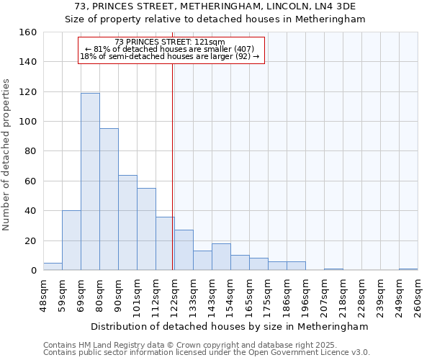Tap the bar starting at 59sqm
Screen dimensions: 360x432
(71, 240)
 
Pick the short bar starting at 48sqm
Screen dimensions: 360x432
(53, 266)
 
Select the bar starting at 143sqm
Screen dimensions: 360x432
(221, 257)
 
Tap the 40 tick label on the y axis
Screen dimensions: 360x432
(30, 211)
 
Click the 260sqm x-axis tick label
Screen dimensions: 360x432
(418, 295)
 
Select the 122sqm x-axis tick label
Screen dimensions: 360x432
(174, 295)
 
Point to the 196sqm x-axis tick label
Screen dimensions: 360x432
(305, 295)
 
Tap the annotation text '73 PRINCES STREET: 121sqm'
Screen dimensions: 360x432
(170, 42)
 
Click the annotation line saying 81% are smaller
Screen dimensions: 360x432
(170, 49)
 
